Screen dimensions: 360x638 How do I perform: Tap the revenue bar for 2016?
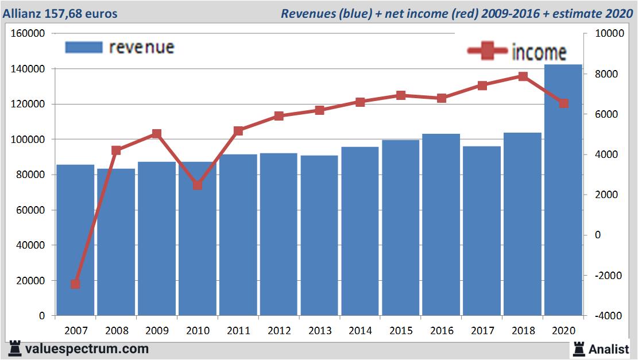(441, 224)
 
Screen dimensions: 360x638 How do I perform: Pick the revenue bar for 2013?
(319, 235)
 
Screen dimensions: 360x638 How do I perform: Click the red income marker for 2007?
(75, 284)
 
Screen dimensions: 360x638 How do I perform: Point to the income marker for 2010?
(198, 185)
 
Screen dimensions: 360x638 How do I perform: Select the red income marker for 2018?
(523, 76)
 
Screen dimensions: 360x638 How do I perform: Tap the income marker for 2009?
(157, 134)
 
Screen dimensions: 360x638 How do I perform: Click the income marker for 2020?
(563, 103)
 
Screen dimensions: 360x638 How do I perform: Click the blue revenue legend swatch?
(84, 47)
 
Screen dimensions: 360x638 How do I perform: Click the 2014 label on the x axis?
(360, 331)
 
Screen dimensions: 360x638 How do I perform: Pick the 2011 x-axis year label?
(238, 331)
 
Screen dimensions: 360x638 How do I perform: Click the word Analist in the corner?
(609, 349)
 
